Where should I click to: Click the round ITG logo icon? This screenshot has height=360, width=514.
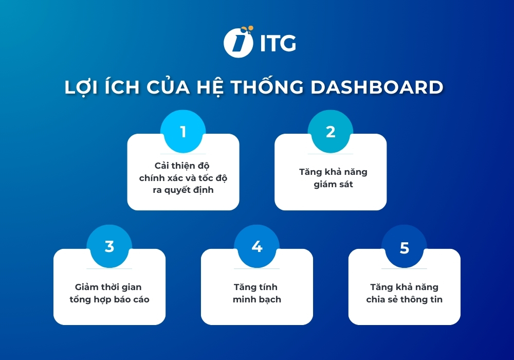click(238, 42)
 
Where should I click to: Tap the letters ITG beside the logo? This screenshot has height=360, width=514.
click(278, 43)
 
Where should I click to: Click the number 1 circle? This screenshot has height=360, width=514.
click(183, 132)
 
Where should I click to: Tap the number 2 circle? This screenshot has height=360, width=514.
click(331, 132)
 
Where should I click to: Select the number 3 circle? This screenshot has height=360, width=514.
click(109, 247)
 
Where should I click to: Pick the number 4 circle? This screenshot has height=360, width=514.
click(257, 247)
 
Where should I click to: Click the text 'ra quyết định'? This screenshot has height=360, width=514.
click(183, 190)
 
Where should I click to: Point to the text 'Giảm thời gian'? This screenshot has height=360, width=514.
click(109, 287)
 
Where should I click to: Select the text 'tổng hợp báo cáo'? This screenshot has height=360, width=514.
click(109, 299)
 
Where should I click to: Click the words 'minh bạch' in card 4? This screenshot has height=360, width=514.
click(257, 299)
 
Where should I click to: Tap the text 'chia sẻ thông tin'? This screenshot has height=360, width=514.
click(405, 299)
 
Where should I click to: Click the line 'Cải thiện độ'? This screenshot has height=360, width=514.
click(183, 166)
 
